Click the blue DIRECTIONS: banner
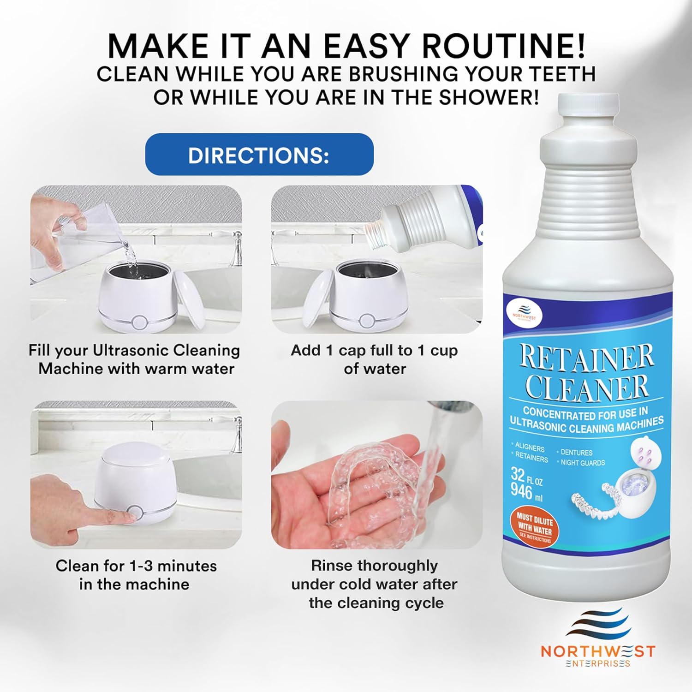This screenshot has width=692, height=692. (259, 155)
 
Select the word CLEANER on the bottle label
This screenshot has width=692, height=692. (587, 388)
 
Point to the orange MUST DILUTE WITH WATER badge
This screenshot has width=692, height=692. (535, 527)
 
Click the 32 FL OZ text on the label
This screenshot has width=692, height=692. (526, 476)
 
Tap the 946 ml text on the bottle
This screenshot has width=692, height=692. (526, 492)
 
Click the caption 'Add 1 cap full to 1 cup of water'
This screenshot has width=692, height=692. (374, 359)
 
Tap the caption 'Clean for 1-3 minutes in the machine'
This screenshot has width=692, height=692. (136, 575)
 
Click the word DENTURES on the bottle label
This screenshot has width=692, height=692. (576, 453)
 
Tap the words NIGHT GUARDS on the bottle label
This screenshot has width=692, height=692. (582, 463)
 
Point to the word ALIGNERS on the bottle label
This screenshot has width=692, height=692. (530, 447)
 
